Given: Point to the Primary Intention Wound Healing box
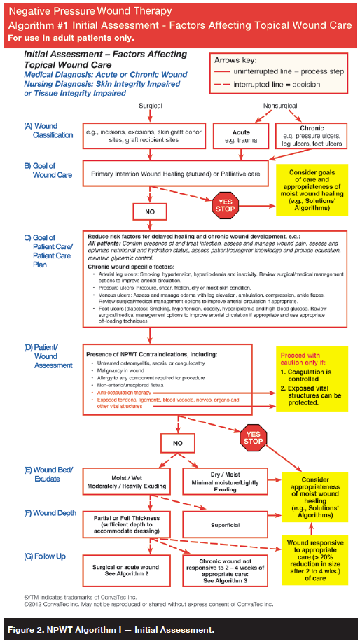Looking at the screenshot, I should click(x=174, y=175).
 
